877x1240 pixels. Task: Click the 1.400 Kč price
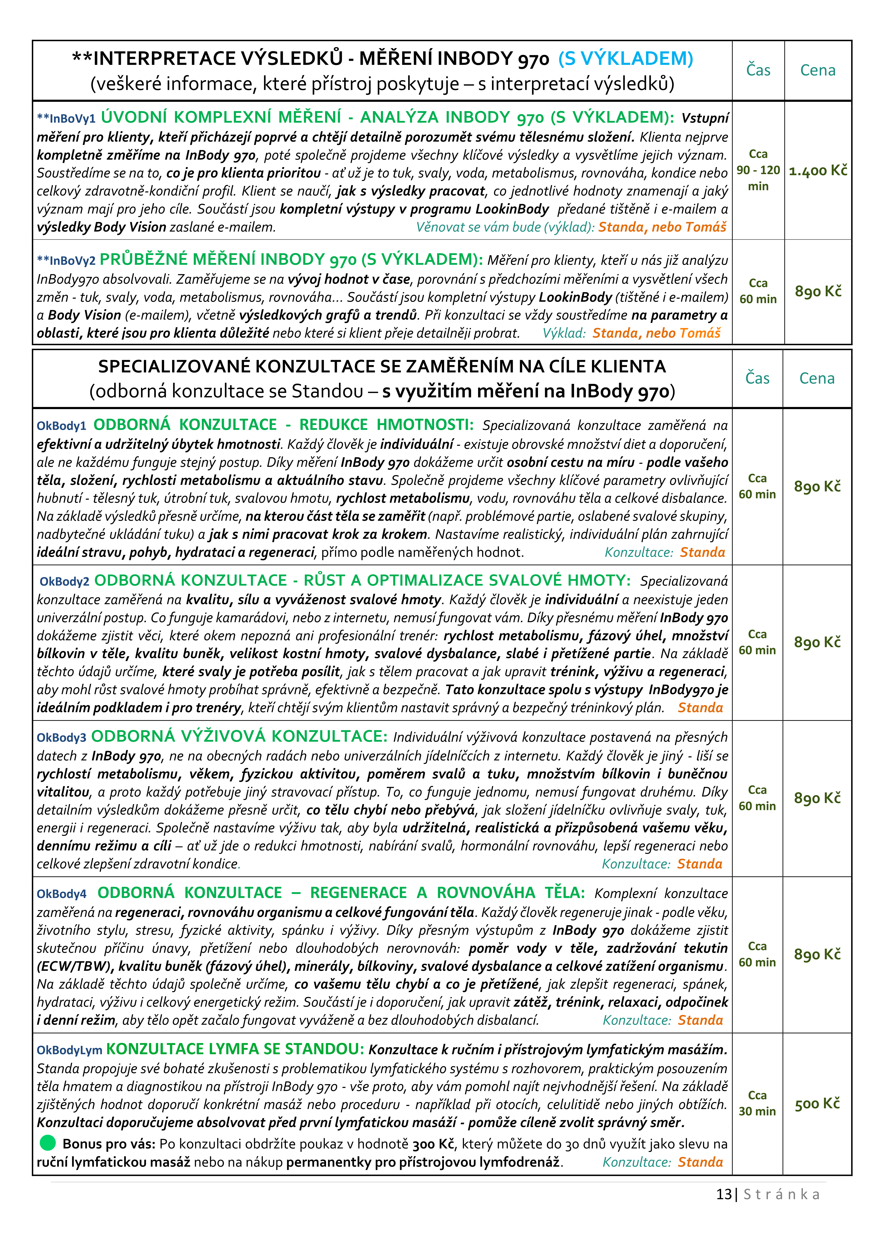pos(818,171)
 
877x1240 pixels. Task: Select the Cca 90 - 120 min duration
pos(758,170)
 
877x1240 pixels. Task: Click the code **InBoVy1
pos(66,118)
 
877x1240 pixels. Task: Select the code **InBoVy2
pos(66,261)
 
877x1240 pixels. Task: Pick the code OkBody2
pos(64,582)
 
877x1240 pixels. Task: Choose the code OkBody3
pos(62,738)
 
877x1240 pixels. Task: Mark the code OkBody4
pos(62,894)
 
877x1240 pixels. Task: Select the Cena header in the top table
pos(818,70)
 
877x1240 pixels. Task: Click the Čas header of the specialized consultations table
pos(757,378)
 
